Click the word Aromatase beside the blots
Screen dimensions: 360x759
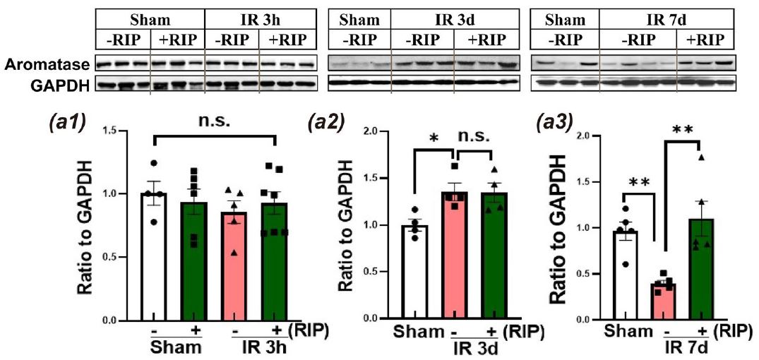(x=45, y=66)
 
